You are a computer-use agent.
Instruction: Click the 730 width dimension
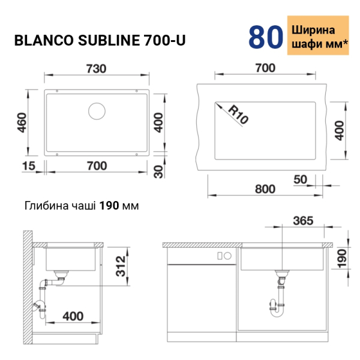coord(96,68)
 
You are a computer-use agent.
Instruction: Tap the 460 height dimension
coord(22,122)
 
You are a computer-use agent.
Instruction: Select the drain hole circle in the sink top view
coord(97,111)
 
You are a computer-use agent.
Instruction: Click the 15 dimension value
coord(29,166)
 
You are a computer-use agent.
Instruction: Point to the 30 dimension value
coord(158,172)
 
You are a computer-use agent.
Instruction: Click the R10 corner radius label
coord(238,115)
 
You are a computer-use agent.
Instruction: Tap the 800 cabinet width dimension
coord(265,189)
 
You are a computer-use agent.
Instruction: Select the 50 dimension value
coord(300,179)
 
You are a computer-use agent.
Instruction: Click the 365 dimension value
coord(303,221)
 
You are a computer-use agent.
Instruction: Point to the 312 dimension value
coord(121,266)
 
